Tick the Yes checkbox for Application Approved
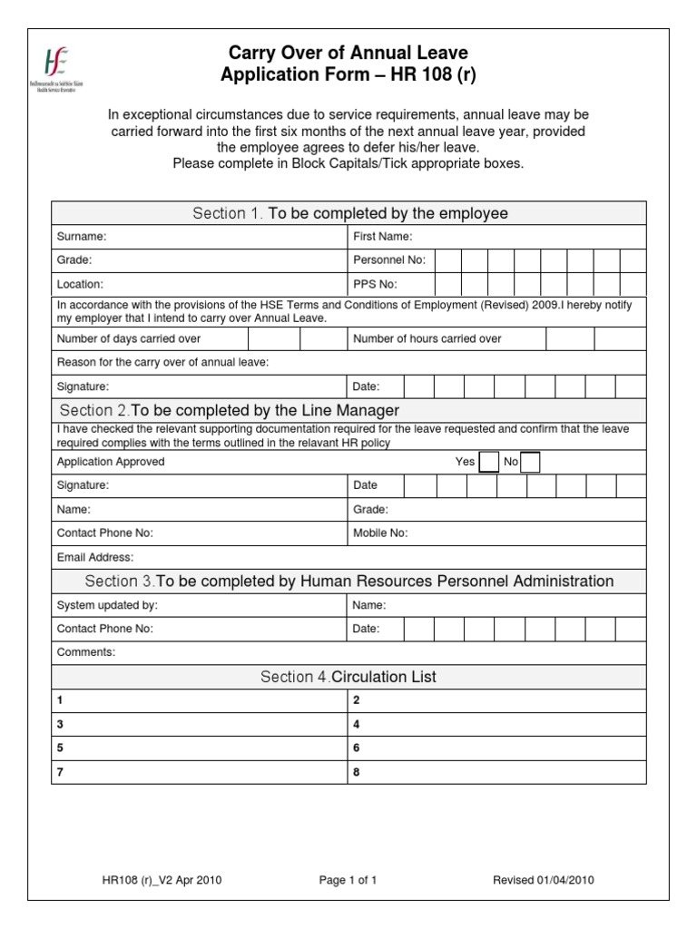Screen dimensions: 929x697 click(x=489, y=462)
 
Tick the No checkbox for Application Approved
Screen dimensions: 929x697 click(x=531, y=462)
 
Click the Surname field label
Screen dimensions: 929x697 click(x=82, y=237)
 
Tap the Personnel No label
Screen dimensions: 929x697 click(x=389, y=260)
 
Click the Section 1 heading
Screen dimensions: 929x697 click(x=349, y=213)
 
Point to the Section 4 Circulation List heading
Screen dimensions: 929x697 click(x=348, y=677)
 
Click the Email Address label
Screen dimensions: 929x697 click(x=95, y=556)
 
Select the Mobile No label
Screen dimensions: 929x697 click(x=380, y=533)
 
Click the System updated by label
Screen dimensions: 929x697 click(x=107, y=605)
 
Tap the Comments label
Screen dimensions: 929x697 click(x=86, y=652)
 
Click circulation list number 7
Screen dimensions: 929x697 click(x=61, y=772)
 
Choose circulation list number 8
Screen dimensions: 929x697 click(x=357, y=772)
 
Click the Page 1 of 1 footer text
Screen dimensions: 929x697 click(x=348, y=880)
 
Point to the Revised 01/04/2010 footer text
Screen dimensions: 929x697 click(x=544, y=880)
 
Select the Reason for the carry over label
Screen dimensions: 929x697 click(x=162, y=363)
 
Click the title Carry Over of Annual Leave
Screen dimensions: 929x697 click(x=348, y=54)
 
